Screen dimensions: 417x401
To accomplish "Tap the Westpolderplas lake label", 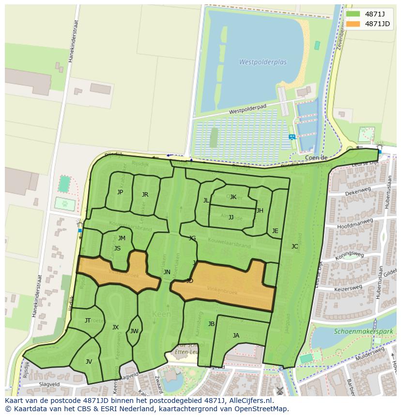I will (x=262, y=62).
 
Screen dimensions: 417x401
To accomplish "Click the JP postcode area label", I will (x=120, y=192).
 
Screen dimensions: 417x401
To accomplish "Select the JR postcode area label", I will (x=145, y=195).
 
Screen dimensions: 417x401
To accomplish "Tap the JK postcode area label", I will (x=233, y=197).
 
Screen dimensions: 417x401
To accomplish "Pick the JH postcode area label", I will (x=260, y=211).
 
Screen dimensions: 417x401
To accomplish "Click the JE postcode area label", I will (x=275, y=231).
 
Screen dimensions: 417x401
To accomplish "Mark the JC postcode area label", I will (x=294, y=247).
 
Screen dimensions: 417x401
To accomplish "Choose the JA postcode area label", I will (x=236, y=336).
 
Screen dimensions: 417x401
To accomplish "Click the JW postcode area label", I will (x=134, y=331).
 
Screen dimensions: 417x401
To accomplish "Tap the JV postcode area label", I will (x=89, y=362).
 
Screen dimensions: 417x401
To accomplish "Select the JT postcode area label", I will (x=88, y=321).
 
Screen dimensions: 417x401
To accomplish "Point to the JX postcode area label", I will (x=115, y=327).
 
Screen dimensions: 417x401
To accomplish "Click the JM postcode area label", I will (x=122, y=238).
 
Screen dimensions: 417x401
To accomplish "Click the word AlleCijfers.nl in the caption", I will (x=250, y=401).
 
